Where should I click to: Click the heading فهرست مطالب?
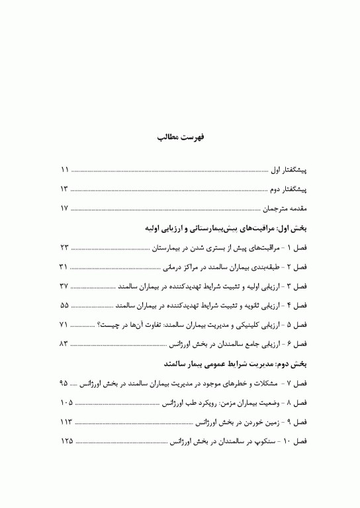click(180, 138)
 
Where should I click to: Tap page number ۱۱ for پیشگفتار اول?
click(64, 170)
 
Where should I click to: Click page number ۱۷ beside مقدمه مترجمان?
click(64, 208)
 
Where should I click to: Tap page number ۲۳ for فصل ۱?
click(64, 247)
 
